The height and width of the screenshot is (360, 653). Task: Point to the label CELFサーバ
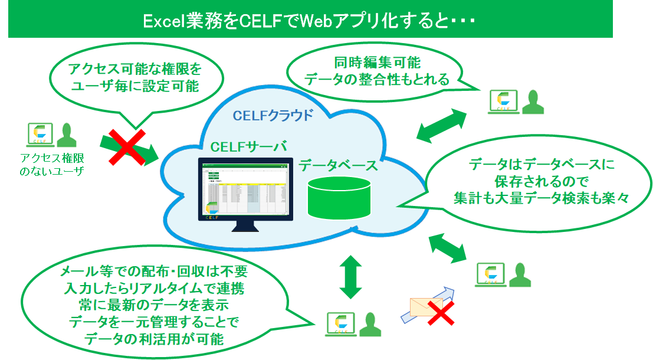[x=249, y=146]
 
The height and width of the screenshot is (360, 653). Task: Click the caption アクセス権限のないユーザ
[x=51, y=165]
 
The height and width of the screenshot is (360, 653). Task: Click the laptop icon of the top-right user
[x=503, y=101]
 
